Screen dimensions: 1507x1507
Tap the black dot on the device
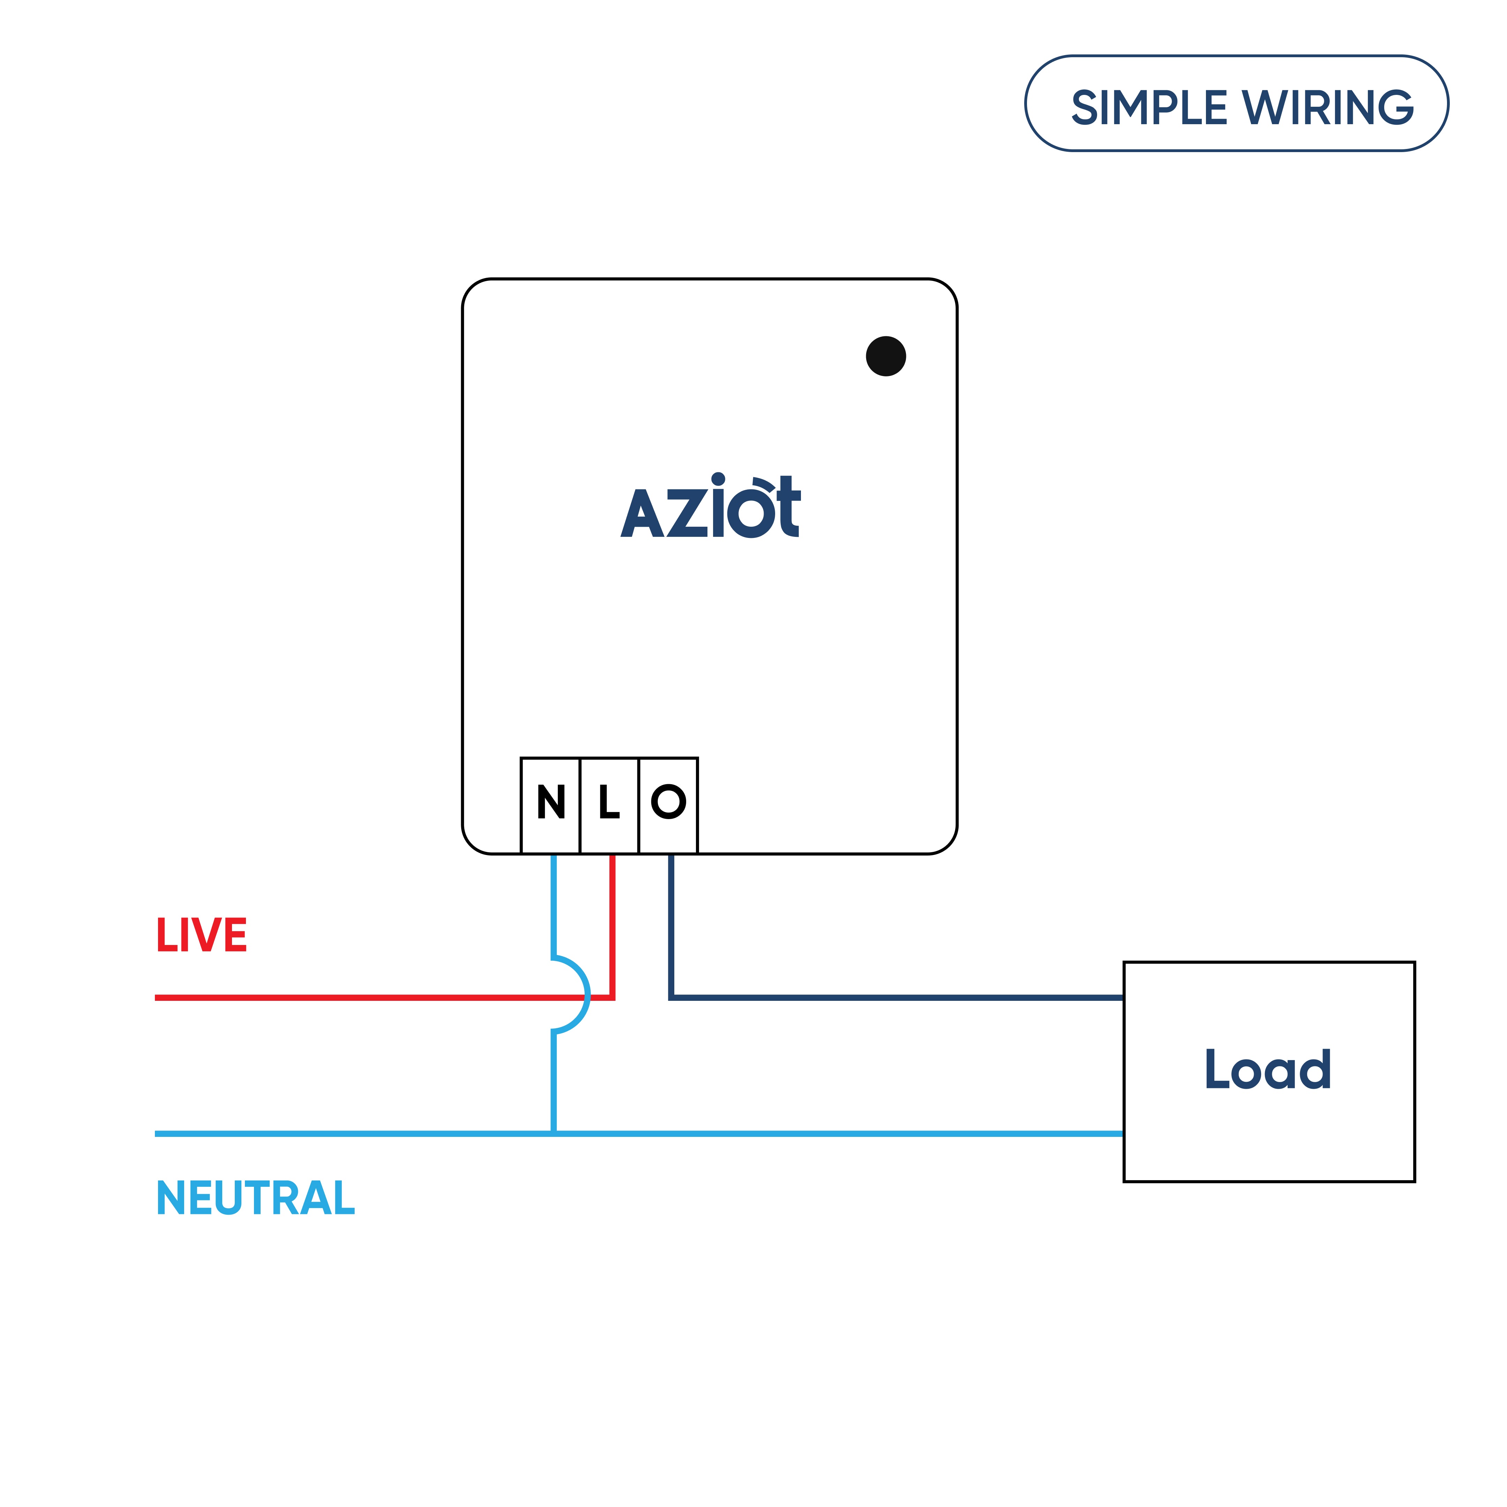click(x=885, y=357)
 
